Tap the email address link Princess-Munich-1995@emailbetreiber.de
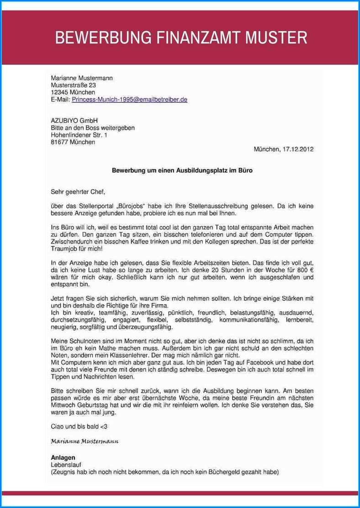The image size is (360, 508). (x=129, y=99)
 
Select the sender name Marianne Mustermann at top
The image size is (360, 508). (x=82, y=78)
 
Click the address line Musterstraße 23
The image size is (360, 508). (x=73, y=85)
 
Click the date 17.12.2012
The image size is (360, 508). (x=297, y=149)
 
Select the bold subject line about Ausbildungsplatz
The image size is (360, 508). (x=182, y=171)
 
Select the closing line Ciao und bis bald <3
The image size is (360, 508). (x=79, y=426)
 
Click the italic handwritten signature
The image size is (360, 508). (x=85, y=442)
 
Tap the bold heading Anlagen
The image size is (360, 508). (x=63, y=457)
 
